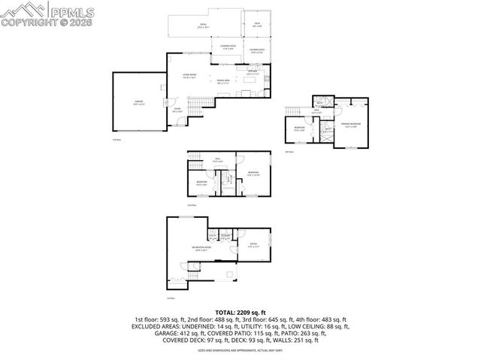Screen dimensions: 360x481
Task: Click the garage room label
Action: (x=138, y=101)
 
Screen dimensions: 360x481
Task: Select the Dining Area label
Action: (x=224, y=80)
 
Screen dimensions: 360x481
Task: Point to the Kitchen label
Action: (x=253, y=73)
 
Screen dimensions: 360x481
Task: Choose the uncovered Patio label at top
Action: (x=202, y=26)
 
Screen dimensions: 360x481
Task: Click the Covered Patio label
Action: (x=228, y=48)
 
